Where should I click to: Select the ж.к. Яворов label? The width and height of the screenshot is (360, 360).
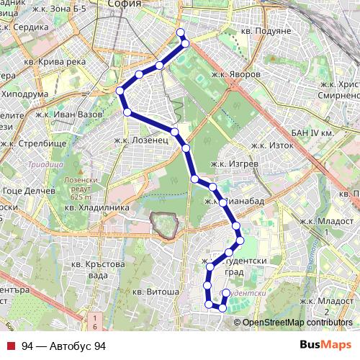(x=235, y=74)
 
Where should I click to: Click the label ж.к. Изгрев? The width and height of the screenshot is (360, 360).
(x=235, y=164)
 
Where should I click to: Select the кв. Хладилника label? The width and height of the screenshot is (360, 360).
(x=96, y=207)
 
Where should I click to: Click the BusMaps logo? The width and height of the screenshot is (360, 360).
(x=320, y=346)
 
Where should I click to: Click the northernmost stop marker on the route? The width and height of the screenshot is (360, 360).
(x=181, y=32)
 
